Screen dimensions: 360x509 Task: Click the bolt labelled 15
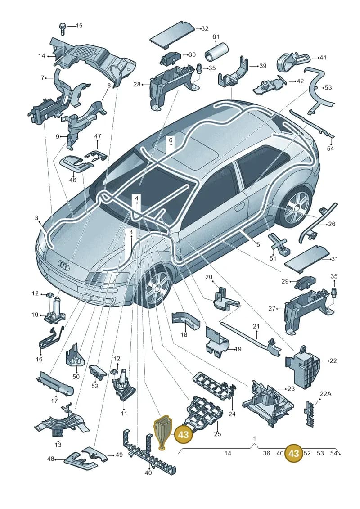(x=63, y=29)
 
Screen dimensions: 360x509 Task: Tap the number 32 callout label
(x=204, y=28)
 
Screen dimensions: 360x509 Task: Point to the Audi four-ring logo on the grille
(x=64, y=265)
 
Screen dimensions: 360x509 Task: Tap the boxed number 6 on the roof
(x=171, y=140)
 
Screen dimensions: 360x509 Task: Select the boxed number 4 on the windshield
(x=137, y=198)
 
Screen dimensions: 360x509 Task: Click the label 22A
(x=326, y=394)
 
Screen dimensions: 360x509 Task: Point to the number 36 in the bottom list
(x=266, y=453)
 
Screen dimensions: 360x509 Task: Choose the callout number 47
(x=98, y=136)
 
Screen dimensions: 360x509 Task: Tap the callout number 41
(x=323, y=58)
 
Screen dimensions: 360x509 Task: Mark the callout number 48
(x=51, y=459)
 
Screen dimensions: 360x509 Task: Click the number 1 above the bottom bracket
(x=255, y=438)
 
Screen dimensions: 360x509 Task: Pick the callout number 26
(x=332, y=224)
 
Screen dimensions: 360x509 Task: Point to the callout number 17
(x=54, y=401)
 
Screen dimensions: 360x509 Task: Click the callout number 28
(x=137, y=85)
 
